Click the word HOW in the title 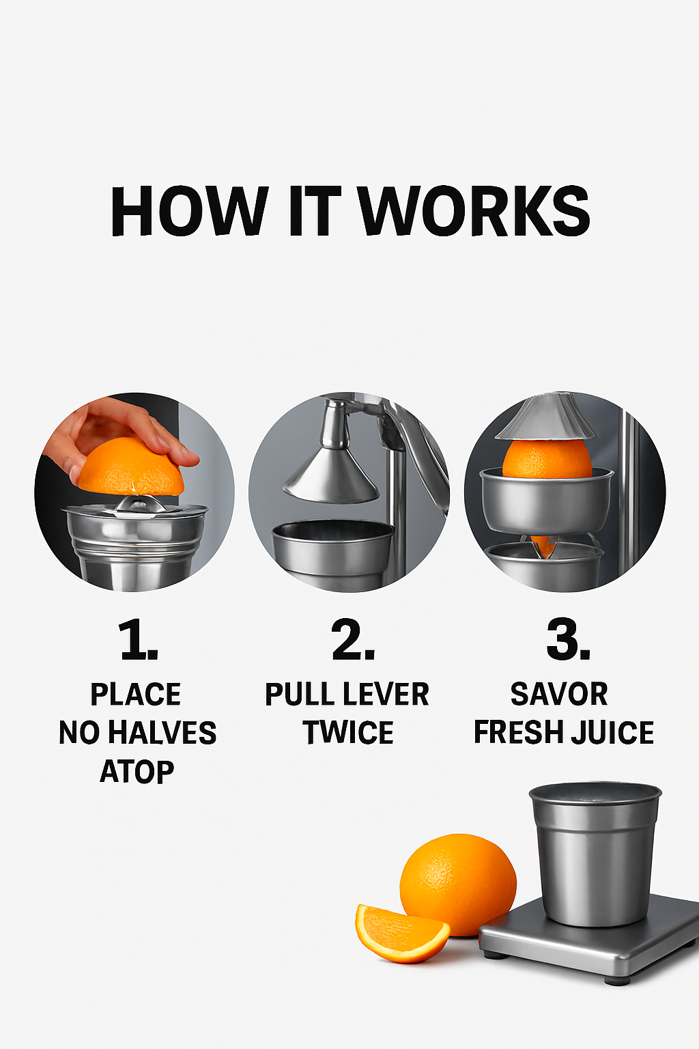click(189, 211)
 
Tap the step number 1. click(137, 639)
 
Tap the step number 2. click(353, 639)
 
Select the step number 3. click(568, 639)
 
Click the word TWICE click(348, 732)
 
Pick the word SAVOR click(559, 694)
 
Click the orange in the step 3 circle click(547, 460)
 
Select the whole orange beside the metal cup click(458, 884)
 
